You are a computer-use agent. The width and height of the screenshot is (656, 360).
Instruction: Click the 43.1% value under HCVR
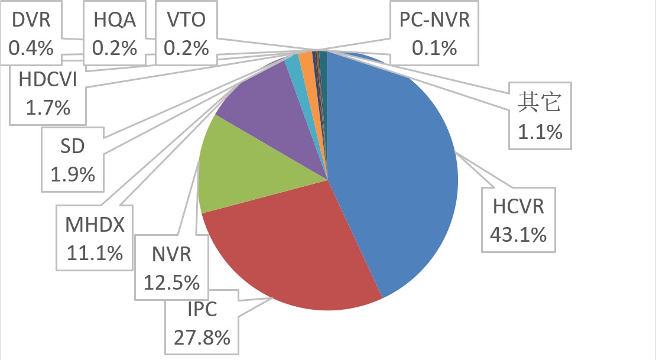(518, 235)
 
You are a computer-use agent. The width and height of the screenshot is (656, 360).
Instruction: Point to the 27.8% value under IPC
(202, 338)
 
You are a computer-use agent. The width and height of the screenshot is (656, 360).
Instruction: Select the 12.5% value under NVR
(171, 283)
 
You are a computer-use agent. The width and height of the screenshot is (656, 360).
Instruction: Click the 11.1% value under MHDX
(95, 252)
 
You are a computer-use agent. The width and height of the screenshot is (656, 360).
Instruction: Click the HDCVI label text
(47, 79)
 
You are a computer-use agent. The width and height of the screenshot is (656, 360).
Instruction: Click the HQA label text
(115, 20)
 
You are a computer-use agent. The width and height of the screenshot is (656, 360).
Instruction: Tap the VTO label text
(186, 20)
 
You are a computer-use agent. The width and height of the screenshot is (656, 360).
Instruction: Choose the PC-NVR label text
(434, 20)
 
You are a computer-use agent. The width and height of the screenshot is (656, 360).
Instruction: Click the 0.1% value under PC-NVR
(434, 47)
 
